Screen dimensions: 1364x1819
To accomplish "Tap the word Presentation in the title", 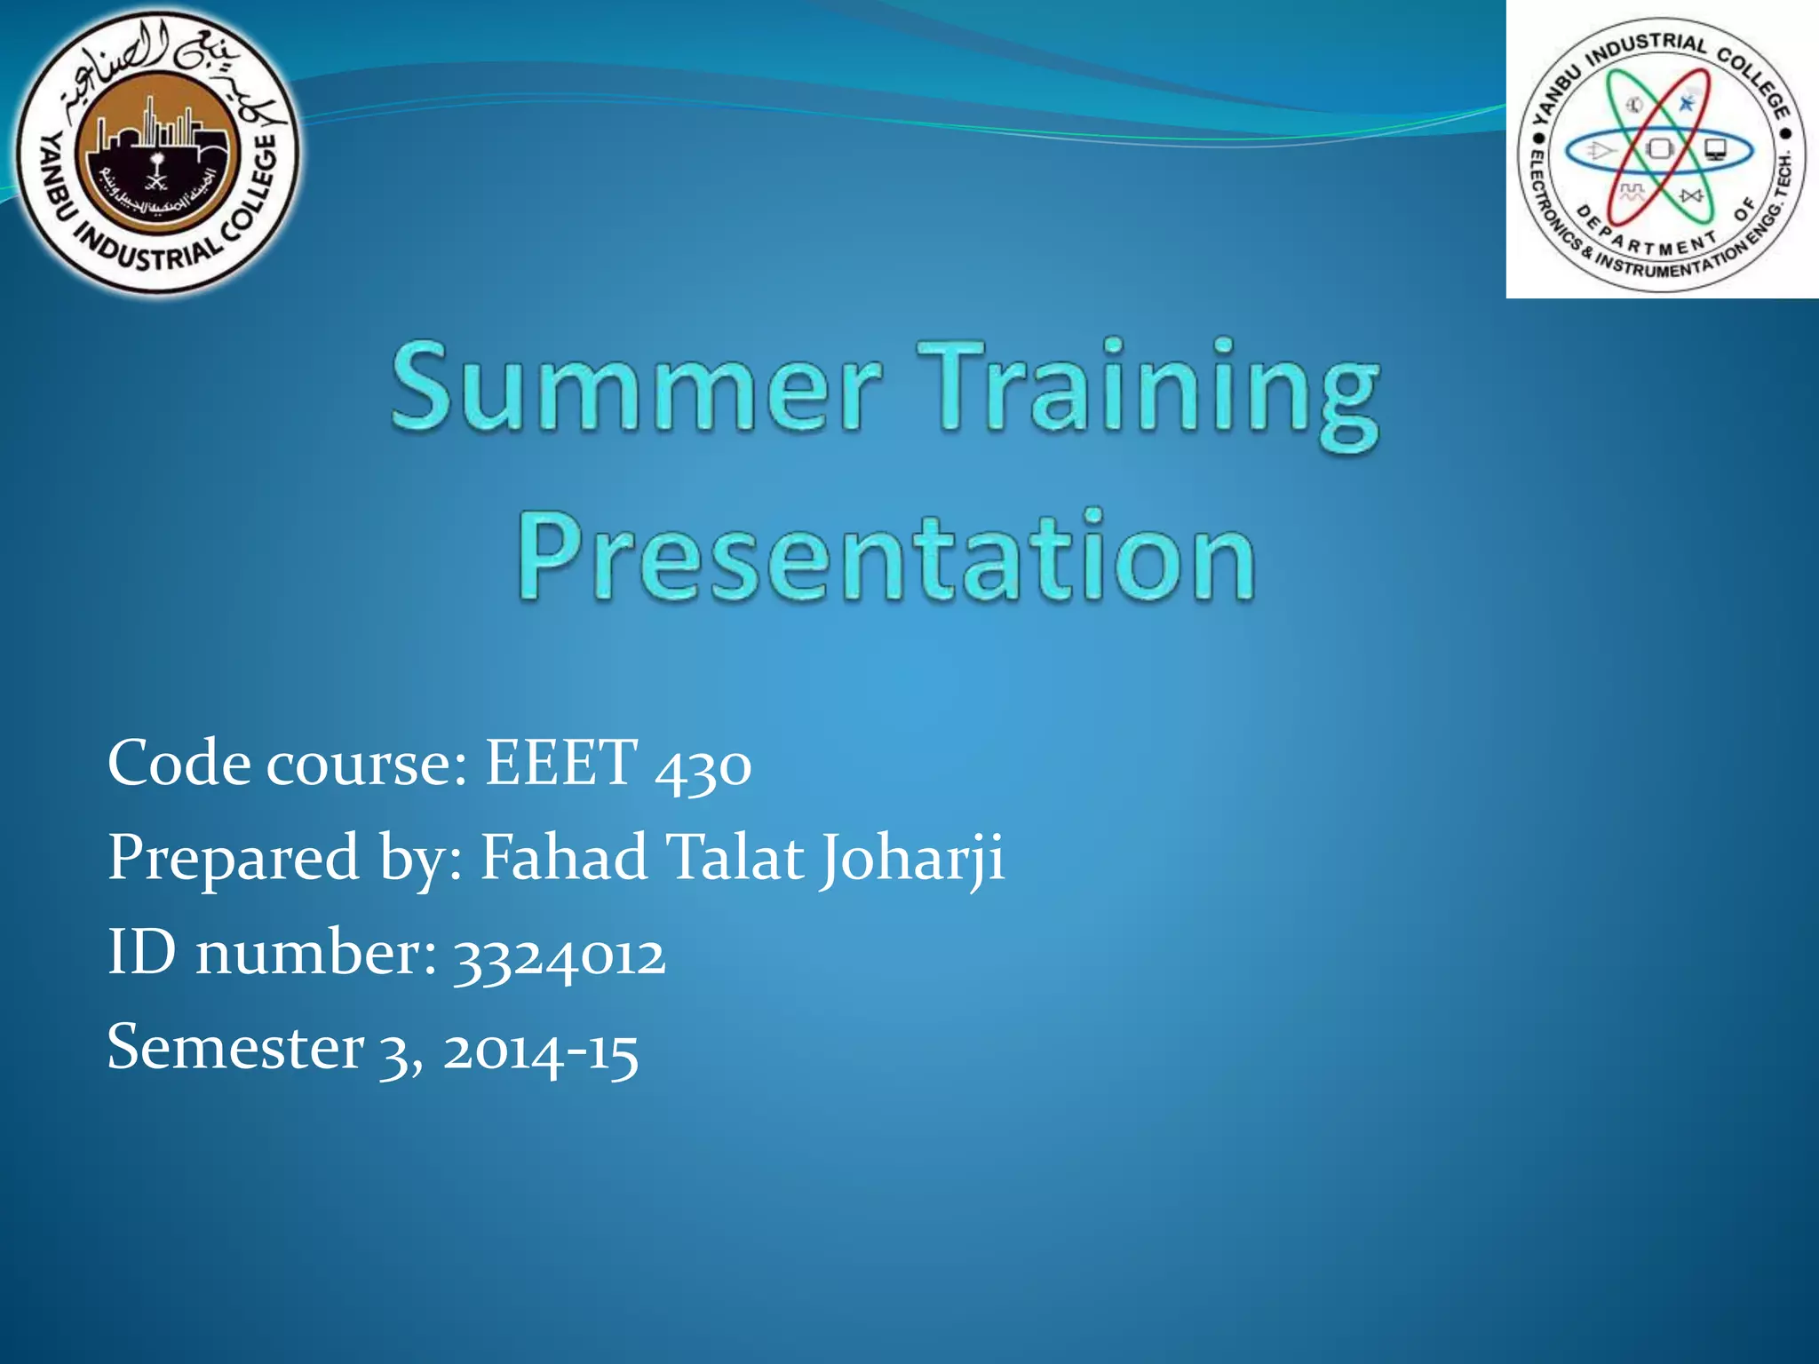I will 886,558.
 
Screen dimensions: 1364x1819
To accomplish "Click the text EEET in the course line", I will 560,763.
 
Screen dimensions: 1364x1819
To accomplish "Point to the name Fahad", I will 564,858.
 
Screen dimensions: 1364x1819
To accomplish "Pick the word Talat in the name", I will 735,858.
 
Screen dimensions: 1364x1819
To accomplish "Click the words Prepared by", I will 285,860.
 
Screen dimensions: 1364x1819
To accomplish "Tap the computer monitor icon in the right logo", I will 1714,149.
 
